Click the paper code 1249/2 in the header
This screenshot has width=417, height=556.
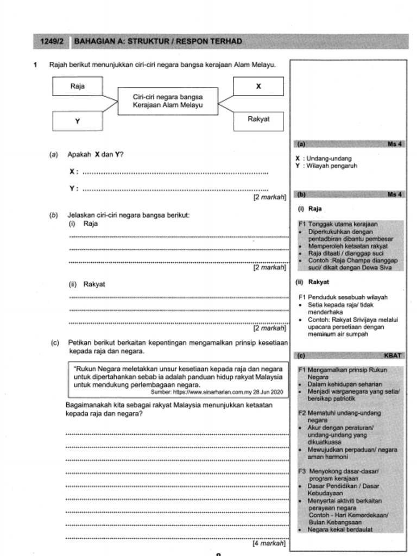(52, 41)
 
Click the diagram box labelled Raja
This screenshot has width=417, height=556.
(78, 86)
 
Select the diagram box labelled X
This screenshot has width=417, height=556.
(258, 86)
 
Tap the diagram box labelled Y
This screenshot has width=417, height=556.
(78, 122)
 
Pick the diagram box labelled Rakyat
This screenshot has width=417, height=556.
(258, 119)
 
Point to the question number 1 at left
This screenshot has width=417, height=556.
(35, 65)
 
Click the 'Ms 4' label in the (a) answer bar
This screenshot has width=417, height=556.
(394, 144)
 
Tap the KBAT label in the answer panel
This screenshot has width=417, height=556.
(393, 356)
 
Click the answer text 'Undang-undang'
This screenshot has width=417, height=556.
(330, 159)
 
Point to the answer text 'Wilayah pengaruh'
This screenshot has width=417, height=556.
(332, 166)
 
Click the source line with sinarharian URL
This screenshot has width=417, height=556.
(217, 391)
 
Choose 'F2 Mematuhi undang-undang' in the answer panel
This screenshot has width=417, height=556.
(339, 413)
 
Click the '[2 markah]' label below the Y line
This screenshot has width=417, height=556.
(269, 198)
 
